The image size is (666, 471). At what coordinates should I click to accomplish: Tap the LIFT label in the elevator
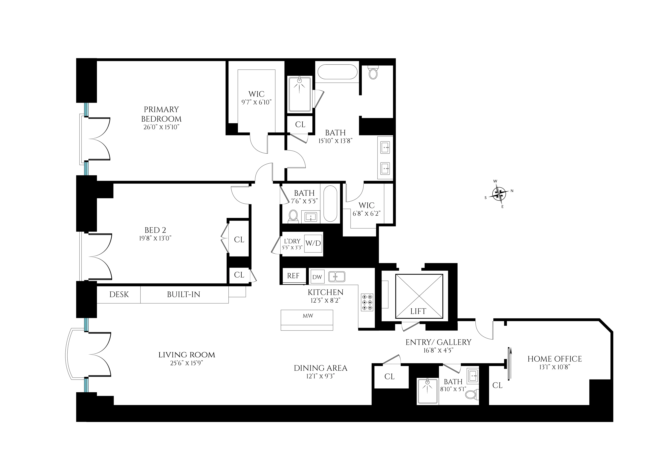tap(418, 311)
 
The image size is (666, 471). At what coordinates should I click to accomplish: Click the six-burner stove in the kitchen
tap(367, 303)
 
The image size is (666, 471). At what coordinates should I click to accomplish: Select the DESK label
tap(119, 295)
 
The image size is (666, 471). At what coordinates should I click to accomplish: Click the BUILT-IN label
tap(184, 295)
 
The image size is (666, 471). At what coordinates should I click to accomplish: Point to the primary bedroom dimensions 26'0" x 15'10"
tap(162, 127)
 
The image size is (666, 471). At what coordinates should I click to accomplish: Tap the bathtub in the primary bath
tap(337, 72)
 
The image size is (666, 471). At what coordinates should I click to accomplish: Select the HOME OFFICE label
tap(554, 359)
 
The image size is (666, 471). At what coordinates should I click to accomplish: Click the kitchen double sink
tap(337, 277)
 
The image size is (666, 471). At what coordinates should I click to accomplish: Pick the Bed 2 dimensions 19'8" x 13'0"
tap(155, 238)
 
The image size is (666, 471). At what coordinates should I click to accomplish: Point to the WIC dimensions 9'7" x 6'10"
tap(256, 102)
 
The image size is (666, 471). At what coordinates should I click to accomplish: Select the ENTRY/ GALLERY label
tap(438, 342)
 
